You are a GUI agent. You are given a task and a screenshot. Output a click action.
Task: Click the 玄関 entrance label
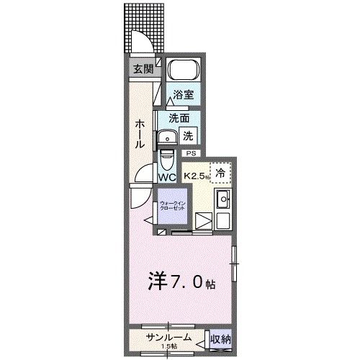pos(143,70)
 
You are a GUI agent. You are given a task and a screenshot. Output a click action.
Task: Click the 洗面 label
pos(179,117)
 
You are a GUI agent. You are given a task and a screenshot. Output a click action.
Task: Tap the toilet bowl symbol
pos(167,157)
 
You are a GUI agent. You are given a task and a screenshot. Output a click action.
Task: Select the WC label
pos(168,176)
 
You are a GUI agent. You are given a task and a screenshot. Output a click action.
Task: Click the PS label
pos(191,153)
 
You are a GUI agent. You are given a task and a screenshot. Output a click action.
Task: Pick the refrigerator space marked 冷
pos(222,173)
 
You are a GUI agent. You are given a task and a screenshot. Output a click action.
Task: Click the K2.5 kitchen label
pos(195,175)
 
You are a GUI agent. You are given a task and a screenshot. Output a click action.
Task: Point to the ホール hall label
pos(138,133)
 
